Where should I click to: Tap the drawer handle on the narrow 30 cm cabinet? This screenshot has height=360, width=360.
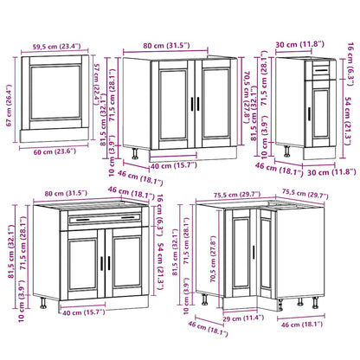(x=320, y=67)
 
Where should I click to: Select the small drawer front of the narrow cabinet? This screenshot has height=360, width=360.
(x=320, y=68)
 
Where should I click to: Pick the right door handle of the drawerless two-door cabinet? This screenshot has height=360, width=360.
(x=198, y=103)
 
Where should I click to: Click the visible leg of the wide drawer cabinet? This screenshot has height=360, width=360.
(x=44, y=305)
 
